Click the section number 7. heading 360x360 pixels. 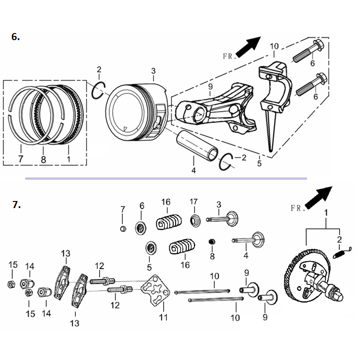17,205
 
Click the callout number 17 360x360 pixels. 193,202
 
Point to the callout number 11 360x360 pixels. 163,318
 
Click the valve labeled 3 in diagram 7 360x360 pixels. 226,220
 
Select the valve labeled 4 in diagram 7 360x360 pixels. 250,240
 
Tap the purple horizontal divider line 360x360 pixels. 165,179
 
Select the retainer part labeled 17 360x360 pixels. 194,219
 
